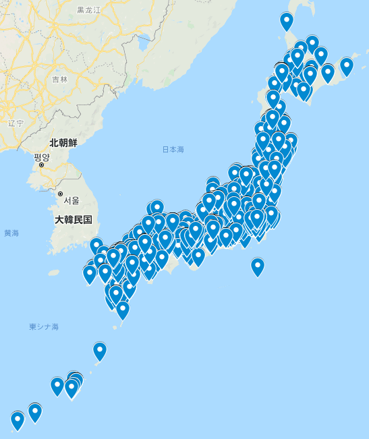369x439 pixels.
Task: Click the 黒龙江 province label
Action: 88,10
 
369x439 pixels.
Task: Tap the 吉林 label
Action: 60,79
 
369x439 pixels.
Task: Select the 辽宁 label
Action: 16,123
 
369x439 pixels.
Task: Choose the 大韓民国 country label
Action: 74,221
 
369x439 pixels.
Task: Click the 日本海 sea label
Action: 173,149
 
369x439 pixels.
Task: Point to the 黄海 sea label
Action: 11,233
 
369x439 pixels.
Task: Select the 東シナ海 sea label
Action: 44,326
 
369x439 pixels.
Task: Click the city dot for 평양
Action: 41,165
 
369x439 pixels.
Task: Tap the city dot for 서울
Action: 61,194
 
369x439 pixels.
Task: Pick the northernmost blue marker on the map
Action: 287,21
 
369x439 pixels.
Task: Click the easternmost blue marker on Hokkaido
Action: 346,66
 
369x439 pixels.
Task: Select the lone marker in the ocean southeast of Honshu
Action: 258,266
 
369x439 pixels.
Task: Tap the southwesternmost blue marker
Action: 18,420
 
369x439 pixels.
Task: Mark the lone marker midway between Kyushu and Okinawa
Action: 100,351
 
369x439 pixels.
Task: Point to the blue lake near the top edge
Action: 144,47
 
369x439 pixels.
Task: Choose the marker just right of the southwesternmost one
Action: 35,411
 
